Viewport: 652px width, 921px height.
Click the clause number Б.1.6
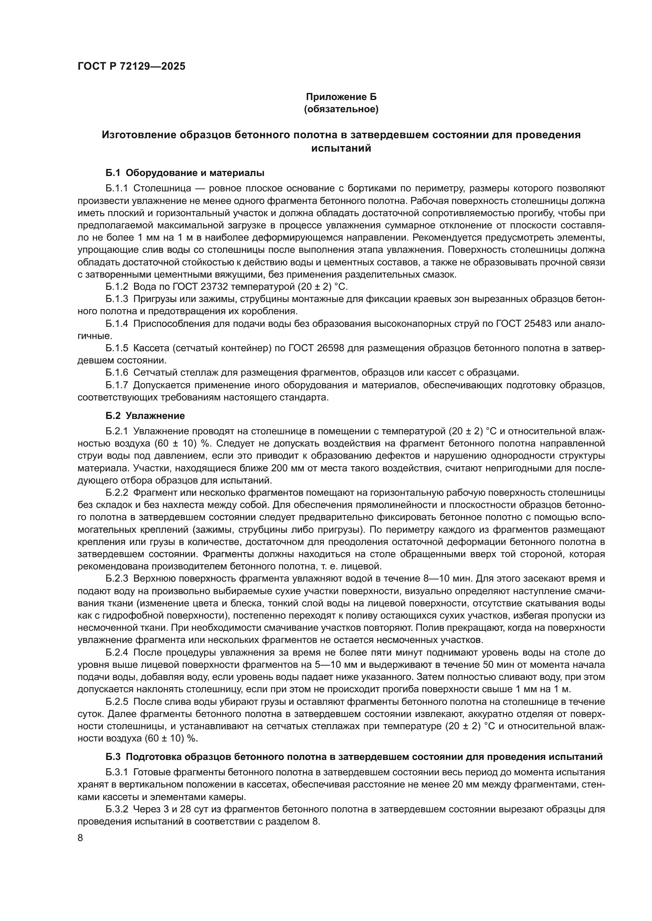117,372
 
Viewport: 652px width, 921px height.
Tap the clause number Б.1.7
117,385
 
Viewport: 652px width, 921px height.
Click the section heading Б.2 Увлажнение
145,415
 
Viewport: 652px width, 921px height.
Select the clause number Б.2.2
117,492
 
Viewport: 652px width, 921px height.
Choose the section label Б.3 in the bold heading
113,757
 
